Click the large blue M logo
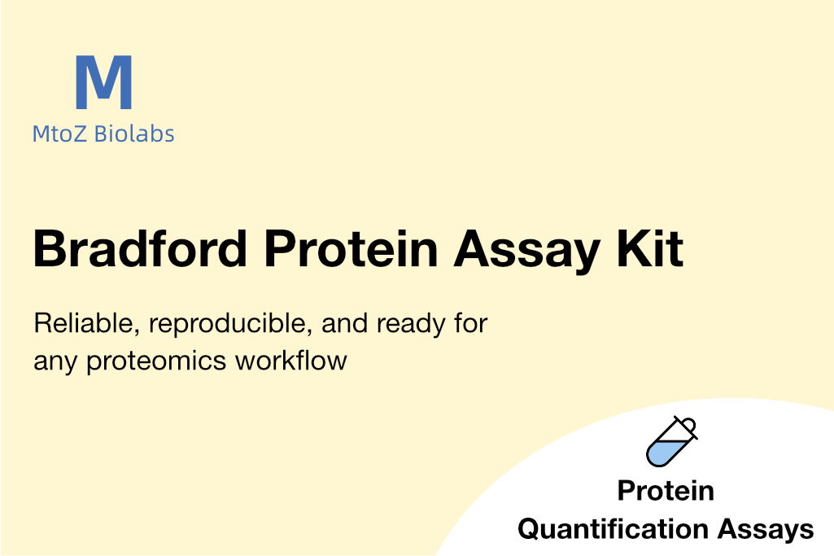coord(103,82)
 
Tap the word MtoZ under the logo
coord(59,134)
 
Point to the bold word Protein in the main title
coord(352,248)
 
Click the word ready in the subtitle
coord(411,325)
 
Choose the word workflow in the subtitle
coord(291,360)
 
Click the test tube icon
coord(671,441)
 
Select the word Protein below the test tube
coord(666,491)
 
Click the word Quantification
coord(613,529)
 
